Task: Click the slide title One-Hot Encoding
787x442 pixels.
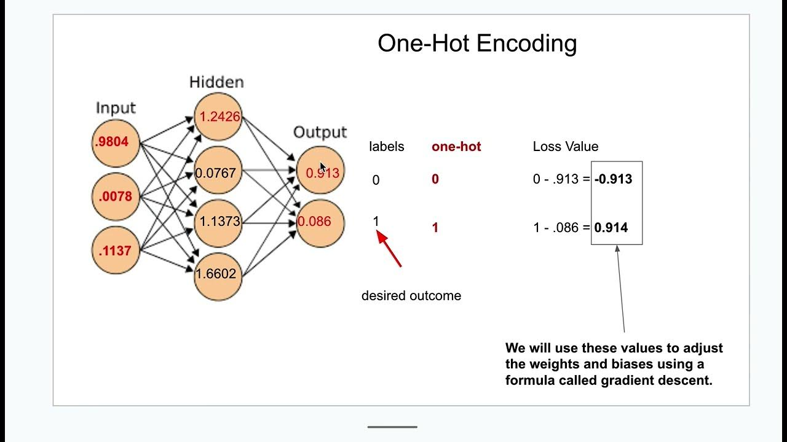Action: click(x=477, y=44)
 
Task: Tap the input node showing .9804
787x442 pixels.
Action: click(x=116, y=142)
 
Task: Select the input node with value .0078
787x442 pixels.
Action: click(x=116, y=197)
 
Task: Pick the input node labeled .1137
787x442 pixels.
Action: click(x=116, y=250)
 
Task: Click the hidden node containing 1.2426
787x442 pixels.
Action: click(x=218, y=117)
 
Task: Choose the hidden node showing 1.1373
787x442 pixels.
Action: click(x=218, y=222)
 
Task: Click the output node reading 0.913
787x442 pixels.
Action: click(x=320, y=173)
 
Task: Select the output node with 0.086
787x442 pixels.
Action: click(x=318, y=222)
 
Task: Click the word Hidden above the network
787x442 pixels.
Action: click(x=216, y=82)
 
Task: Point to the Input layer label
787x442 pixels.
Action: click(x=116, y=108)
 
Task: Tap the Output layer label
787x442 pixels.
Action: click(x=320, y=132)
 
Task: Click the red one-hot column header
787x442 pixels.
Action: click(x=456, y=147)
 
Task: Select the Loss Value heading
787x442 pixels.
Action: click(x=565, y=147)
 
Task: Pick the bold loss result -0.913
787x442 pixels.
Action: click(x=613, y=179)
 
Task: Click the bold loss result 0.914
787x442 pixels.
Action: click(x=611, y=228)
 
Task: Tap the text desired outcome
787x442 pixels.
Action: click(x=411, y=296)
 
